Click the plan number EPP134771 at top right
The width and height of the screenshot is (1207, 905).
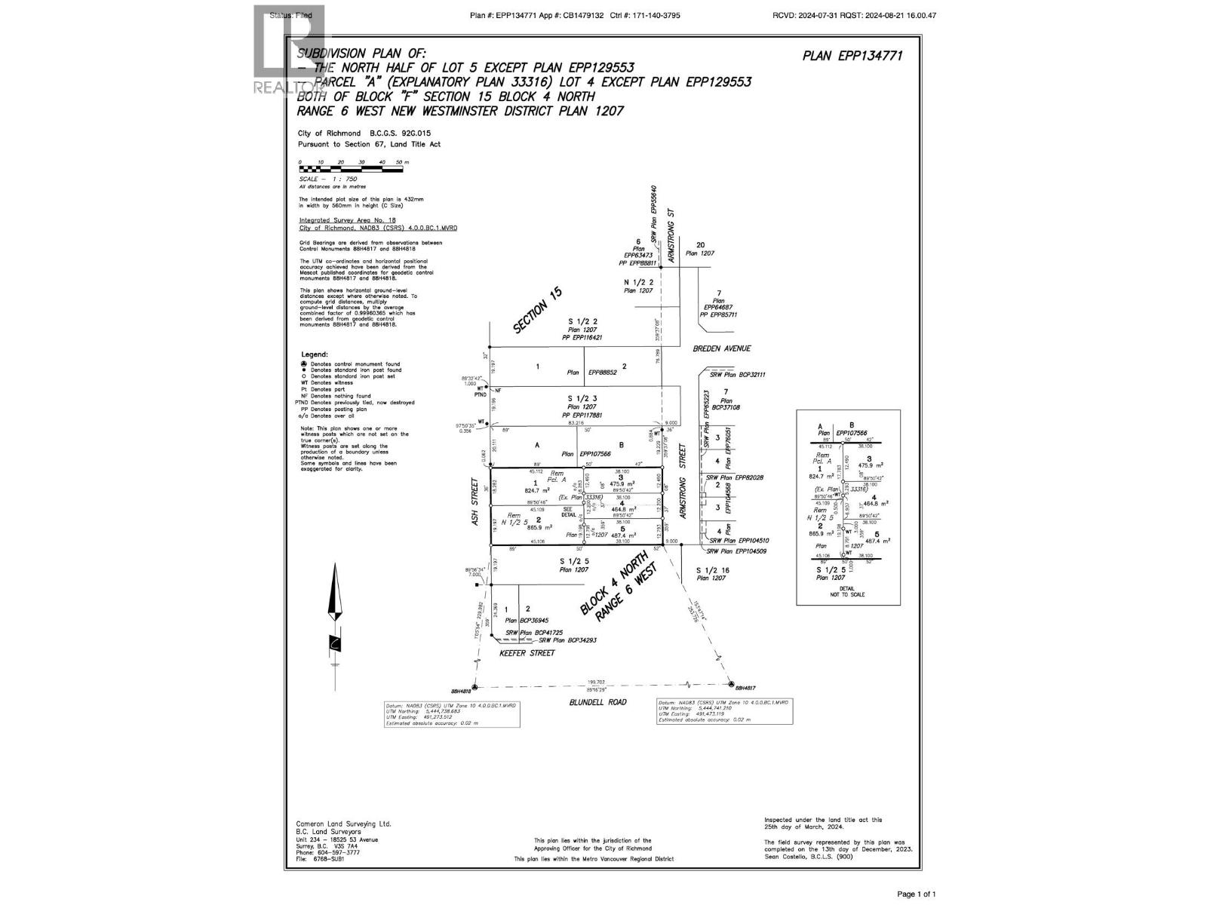pos(852,55)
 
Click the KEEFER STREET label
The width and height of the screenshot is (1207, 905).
pos(527,653)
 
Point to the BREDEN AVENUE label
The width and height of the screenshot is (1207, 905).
pos(722,349)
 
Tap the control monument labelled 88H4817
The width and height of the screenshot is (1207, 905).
pos(732,684)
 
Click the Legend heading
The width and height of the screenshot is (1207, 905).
pos(315,354)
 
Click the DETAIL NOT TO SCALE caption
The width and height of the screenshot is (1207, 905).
pos(847,591)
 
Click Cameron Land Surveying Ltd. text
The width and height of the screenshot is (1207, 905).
pos(343,824)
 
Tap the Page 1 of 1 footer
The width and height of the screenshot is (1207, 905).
pos(916,894)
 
